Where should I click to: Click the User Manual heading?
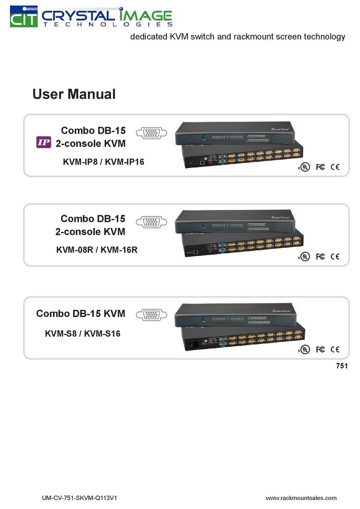point(74,94)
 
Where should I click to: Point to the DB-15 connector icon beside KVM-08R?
point(151,222)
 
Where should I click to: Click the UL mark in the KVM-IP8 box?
point(303,167)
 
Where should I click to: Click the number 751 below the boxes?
point(340,366)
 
